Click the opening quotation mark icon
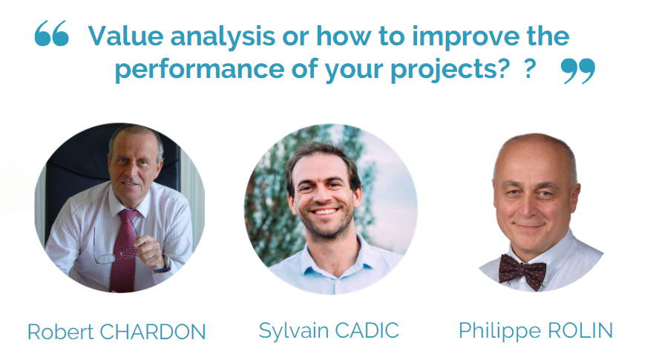[x=51, y=33]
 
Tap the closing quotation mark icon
[x=578, y=71]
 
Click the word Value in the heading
[x=125, y=36]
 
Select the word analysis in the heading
[x=223, y=37]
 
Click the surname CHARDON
[x=153, y=332]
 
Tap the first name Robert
[x=61, y=332]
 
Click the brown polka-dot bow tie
[x=522, y=271]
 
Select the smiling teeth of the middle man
[x=325, y=211]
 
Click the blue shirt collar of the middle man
[x=332, y=257]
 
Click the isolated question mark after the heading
[x=530, y=68]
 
